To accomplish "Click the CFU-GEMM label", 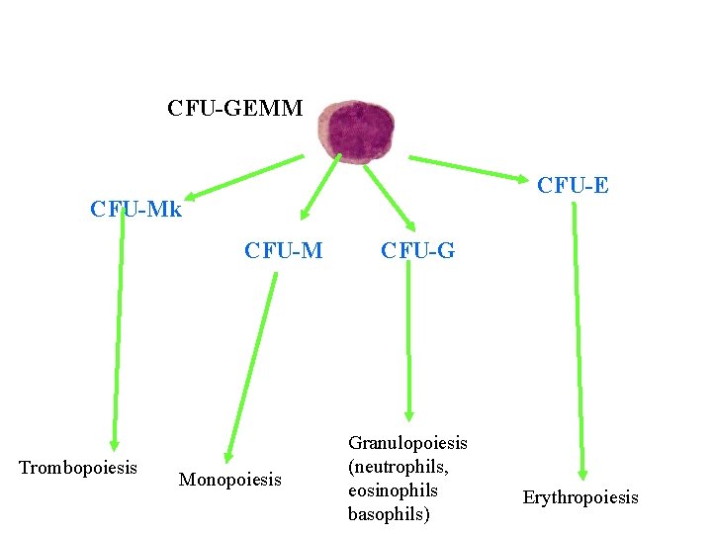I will [235, 108].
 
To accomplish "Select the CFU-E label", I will [572, 185].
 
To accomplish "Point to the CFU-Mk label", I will [135, 210].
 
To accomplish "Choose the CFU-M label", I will [283, 250].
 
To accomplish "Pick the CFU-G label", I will [417, 250].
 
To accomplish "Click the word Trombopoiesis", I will [78, 467].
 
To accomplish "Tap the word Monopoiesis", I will [229, 480].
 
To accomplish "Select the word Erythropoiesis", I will [580, 496].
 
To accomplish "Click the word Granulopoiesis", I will [407, 442].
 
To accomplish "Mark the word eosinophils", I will [393, 489].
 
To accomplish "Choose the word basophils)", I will [389, 513].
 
